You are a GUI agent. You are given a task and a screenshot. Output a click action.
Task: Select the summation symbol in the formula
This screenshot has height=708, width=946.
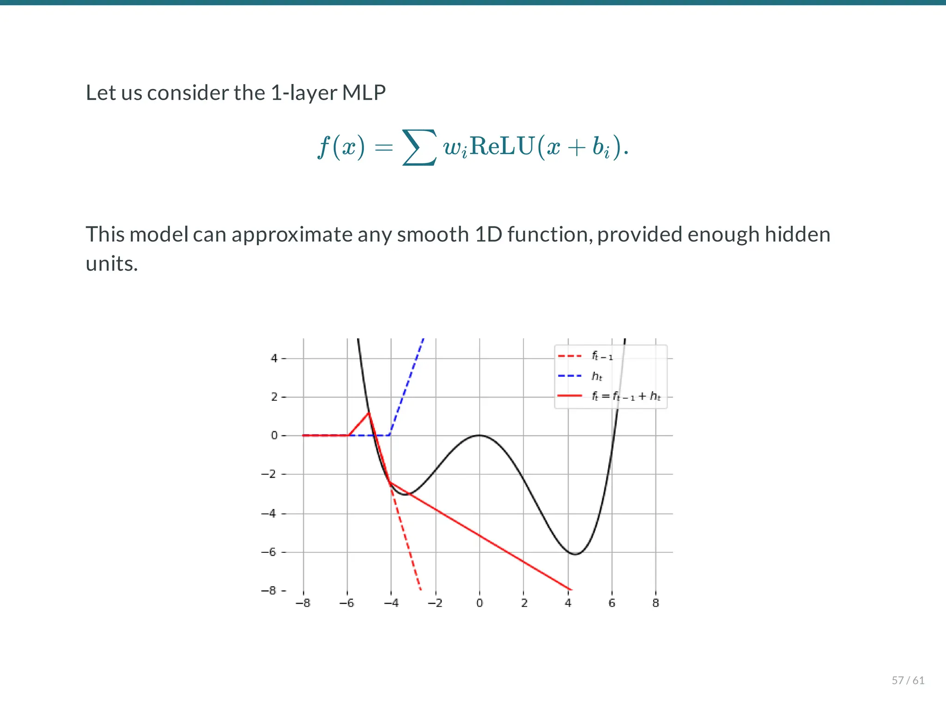(x=419, y=147)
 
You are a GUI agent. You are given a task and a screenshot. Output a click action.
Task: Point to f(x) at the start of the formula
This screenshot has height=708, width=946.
(x=341, y=147)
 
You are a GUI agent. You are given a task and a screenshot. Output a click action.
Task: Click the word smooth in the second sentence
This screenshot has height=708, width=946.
(x=432, y=235)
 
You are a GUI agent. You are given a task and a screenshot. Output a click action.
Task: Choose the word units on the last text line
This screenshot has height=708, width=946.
(x=111, y=264)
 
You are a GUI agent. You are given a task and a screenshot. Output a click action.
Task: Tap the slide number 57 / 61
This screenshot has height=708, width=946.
(x=908, y=680)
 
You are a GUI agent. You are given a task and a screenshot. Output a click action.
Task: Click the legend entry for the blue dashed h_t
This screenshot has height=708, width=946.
(x=597, y=376)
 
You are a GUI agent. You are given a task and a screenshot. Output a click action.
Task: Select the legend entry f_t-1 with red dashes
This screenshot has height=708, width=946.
(x=602, y=356)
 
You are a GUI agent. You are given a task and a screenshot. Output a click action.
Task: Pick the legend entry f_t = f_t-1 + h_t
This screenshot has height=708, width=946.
(x=626, y=396)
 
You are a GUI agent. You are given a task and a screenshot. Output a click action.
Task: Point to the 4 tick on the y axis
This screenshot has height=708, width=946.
(x=274, y=358)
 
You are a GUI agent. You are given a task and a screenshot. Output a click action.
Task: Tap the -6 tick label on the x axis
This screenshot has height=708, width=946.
(x=346, y=603)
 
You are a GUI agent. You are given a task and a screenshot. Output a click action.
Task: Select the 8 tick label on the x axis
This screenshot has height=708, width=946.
(x=655, y=603)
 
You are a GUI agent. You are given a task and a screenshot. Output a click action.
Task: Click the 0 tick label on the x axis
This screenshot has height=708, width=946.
(x=479, y=603)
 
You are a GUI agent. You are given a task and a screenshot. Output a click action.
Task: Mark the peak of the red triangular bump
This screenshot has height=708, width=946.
(x=369, y=412)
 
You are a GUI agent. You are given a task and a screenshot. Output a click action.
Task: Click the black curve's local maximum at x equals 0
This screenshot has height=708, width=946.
(x=479, y=435)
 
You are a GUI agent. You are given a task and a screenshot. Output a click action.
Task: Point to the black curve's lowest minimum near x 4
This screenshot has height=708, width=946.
(x=575, y=554)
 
